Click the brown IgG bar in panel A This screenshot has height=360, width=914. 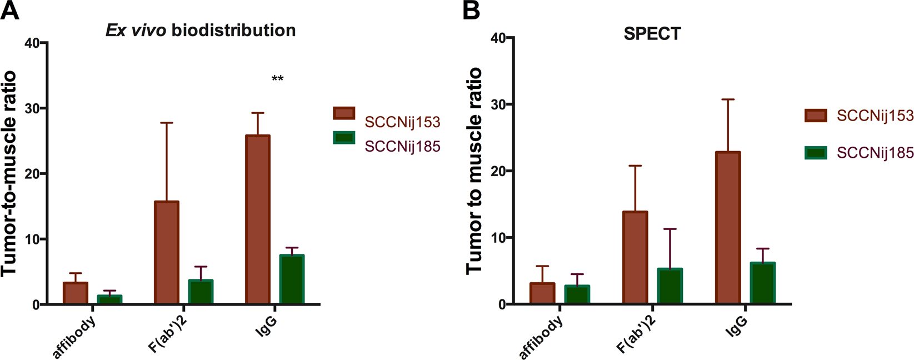(258, 219)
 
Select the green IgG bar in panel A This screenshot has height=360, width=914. (292, 279)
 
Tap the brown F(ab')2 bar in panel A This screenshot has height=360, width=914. (167, 253)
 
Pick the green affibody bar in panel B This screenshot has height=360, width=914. (577, 295)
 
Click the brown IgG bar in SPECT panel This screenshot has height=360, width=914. (728, 228)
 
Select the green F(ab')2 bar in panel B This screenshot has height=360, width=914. (670, 287)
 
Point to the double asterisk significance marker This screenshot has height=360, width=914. (277, 78)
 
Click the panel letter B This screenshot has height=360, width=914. (471, 11)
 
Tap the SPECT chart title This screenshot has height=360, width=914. (652, 34)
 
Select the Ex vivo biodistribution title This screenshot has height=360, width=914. (201, 30)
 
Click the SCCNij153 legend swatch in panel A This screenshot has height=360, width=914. (344, 113)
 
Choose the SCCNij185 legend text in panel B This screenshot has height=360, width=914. (875, 152)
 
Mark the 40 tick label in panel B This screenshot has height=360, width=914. (498, 38)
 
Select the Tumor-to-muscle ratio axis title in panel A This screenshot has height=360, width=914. (9, 173)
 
